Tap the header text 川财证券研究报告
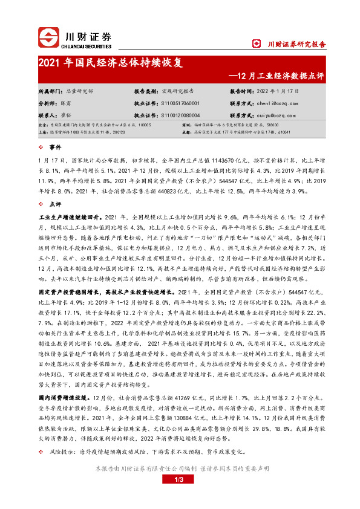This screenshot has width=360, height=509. (296, 44)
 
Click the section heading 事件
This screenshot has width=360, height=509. (56, 147)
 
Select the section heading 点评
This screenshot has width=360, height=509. (56, 204)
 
